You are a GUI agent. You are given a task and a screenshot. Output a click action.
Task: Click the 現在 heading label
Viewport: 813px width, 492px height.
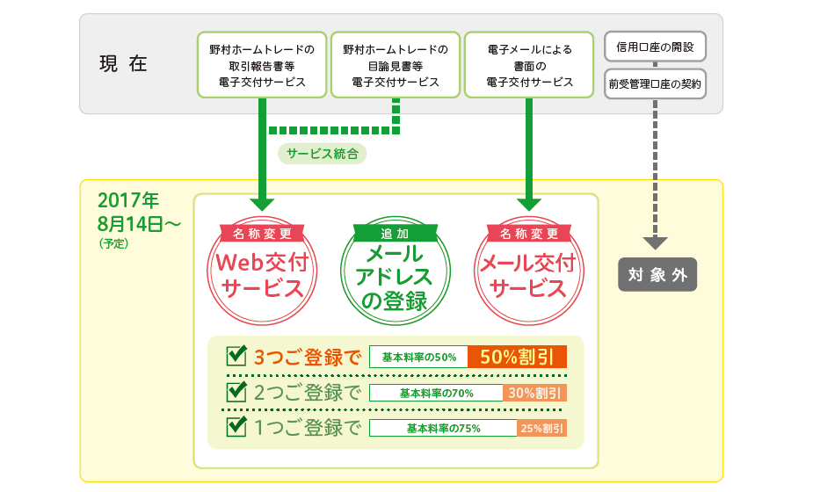pos(123,64)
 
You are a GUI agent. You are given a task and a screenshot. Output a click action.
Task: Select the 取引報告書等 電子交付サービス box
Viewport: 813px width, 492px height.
pos(262,65)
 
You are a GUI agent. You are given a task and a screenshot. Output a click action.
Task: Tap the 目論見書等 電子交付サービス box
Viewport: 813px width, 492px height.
pos(396,65)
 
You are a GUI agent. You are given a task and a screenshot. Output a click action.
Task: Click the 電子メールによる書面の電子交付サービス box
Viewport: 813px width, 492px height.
pos(529,65)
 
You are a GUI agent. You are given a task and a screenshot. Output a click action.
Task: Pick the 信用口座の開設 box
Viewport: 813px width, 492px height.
pos(656,47)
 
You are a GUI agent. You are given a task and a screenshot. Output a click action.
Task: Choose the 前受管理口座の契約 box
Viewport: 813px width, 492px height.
pos(656,83)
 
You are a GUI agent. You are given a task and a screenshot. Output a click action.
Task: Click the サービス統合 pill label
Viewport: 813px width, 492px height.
pos(322,154)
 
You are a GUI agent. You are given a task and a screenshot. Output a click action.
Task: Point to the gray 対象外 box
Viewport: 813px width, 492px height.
pos(657,274)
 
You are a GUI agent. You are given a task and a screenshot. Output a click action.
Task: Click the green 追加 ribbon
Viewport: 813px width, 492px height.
pos(396,234)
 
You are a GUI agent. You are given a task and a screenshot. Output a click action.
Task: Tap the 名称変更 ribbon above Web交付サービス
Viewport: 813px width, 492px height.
pos(262,234)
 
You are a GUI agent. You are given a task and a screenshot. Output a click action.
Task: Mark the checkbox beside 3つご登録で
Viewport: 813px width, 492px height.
pos(236,355)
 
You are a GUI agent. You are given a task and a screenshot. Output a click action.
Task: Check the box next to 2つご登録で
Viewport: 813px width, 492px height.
pos(236,392)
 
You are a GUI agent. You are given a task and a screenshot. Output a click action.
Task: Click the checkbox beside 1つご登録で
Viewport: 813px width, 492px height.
pos(236,426)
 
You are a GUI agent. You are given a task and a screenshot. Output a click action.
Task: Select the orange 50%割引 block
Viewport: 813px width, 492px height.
pos(517,357)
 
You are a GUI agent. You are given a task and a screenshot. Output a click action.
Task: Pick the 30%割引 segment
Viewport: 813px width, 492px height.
pos(534,393)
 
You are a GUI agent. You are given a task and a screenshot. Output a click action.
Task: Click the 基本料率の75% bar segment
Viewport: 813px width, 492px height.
pos(443,428)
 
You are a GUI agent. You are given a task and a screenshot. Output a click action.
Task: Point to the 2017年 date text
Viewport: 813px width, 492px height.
pos(128,200)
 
